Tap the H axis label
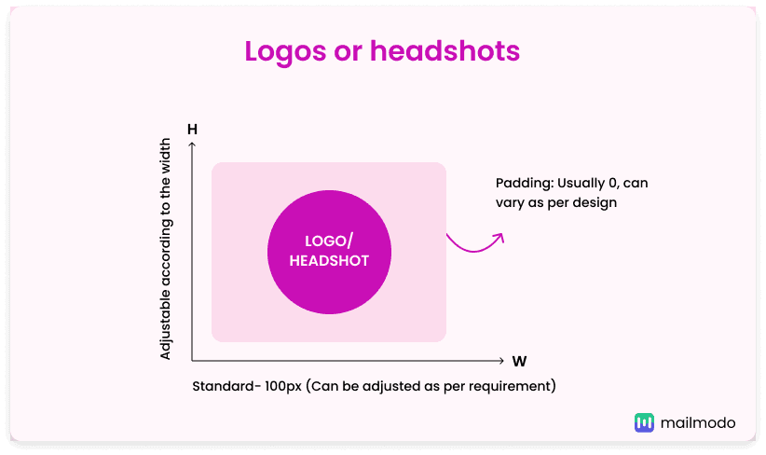192,129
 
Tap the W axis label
519,361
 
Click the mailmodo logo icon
644,422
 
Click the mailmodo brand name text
698,422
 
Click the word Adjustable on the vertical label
166,325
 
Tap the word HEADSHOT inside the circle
329,261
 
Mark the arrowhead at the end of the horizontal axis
503,360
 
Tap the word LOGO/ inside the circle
329,241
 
